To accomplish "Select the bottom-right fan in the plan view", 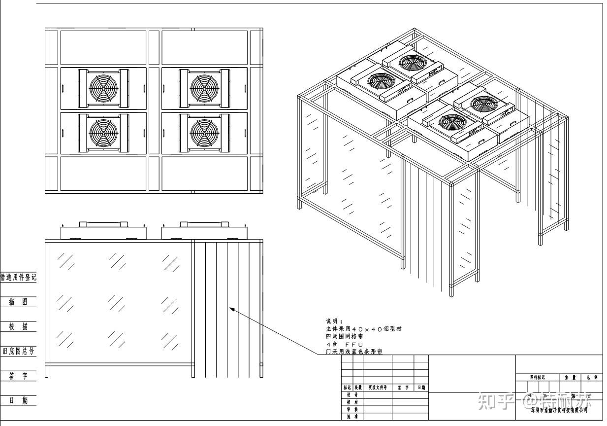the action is [x=204, y=132].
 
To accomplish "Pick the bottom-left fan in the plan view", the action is [x=104, y=132].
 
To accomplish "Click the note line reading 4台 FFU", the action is [x=344, y=344].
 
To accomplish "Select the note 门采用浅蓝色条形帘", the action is [x=353, y=352].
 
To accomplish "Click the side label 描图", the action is [x=18, y=302].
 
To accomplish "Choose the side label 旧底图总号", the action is [x=18, y=351].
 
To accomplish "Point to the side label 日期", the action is [x=18, y=400].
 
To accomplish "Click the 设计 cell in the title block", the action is [x=352, y=395].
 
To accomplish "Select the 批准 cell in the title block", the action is [x=352, y=416].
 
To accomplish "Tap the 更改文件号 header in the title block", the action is [x=378, y=388].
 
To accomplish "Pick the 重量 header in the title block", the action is [x=570, y=377].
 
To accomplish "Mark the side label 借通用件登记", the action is [x=18, y=277].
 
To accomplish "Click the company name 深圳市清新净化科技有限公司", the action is [x=559, y=410].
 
